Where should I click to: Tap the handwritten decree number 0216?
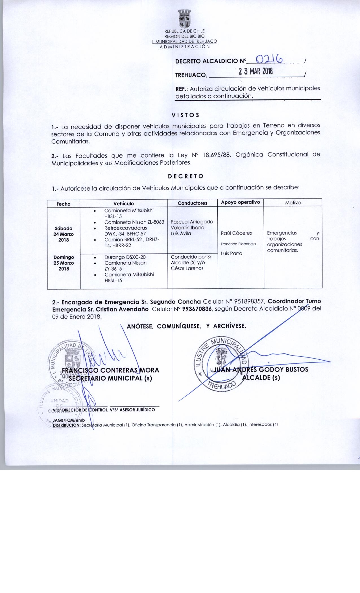coord(269,59)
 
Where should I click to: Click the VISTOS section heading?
coord(186,115)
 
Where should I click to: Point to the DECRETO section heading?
coord(186,176)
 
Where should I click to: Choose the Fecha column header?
coord(64,204)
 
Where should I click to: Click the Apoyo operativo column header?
coord(240,202)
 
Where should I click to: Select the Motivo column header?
coord(293,202)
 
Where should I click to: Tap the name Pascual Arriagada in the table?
coord(192,222)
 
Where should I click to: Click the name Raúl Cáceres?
coord(236,233)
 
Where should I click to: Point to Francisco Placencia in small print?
coord(238,244)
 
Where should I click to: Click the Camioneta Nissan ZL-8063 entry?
coord(134,222)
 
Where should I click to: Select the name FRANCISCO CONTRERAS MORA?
coord(110,370)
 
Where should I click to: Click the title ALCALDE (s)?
coord(261,378)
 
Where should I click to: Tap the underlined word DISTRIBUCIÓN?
coord(67,425)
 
